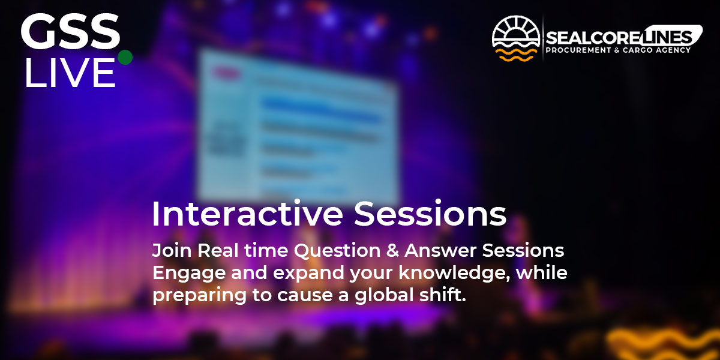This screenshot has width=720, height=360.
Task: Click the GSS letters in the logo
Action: [70, 31]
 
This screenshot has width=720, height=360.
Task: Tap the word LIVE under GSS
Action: [70, 73]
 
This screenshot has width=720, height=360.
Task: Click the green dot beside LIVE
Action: [125, 57]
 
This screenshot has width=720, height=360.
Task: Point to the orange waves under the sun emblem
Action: [516, 55]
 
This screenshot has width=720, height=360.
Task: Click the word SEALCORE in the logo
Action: [592, 38]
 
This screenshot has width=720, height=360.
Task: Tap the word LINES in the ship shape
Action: [665, 38]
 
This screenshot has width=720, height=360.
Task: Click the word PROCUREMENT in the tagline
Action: [578, 50]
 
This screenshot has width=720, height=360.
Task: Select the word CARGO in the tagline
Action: [638, 50]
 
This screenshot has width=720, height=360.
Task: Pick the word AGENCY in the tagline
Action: [673, 50]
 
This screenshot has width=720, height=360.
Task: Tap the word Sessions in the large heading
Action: [430, 214]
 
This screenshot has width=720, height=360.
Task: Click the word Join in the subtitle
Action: [172, 250]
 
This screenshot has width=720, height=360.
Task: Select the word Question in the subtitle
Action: [337, 251]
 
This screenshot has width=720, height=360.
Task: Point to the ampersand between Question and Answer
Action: [392, 251]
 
